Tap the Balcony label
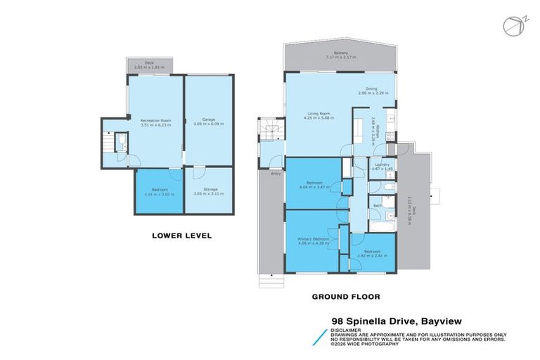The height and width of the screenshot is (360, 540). [x=342, y=53]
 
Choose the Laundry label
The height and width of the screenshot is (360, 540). [x=382, y=165]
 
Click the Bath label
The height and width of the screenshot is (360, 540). [x=377, y=205]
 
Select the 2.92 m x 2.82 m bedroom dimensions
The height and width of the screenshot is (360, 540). [x=372, y=257]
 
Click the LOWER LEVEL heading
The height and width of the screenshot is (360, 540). [x=182, y=236]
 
